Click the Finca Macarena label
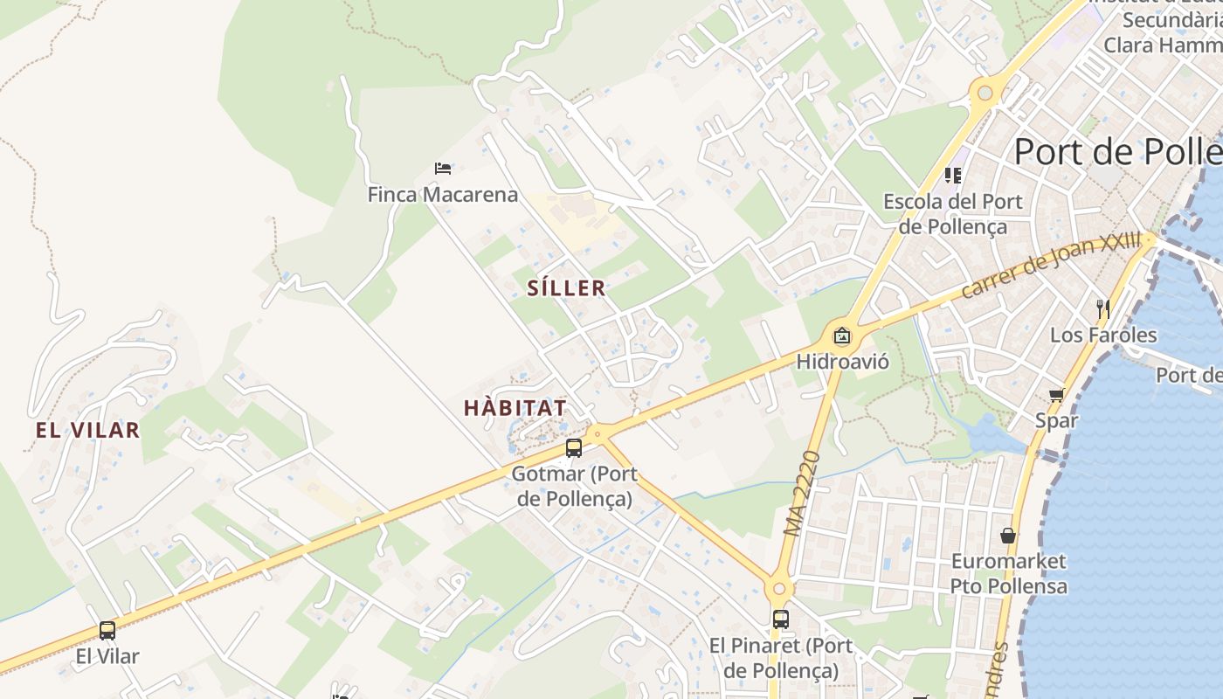coord(442,194)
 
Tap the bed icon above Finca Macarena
coord(443,168)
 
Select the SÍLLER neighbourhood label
coord(566,288)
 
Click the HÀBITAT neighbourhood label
coord(515,408)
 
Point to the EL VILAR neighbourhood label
coord(87,430)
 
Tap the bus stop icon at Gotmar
coord(573,448)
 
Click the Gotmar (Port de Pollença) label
coord(574,487)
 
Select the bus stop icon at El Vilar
coord(107,631)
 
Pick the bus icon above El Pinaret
coord(780,619)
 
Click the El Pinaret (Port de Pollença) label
coord(780,658)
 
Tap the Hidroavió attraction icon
coord(841,336)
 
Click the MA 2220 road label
coord(803,494)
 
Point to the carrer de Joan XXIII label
coord(1051,264)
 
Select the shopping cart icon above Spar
coord(1056,396)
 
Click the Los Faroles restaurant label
coord(1102,335)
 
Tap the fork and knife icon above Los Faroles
coord(1102,308)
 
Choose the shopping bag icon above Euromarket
coord(1008,535)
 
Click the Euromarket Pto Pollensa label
coord(1008,573)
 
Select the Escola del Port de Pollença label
coord(952,214)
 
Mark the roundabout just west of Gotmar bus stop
coord(598,432)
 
